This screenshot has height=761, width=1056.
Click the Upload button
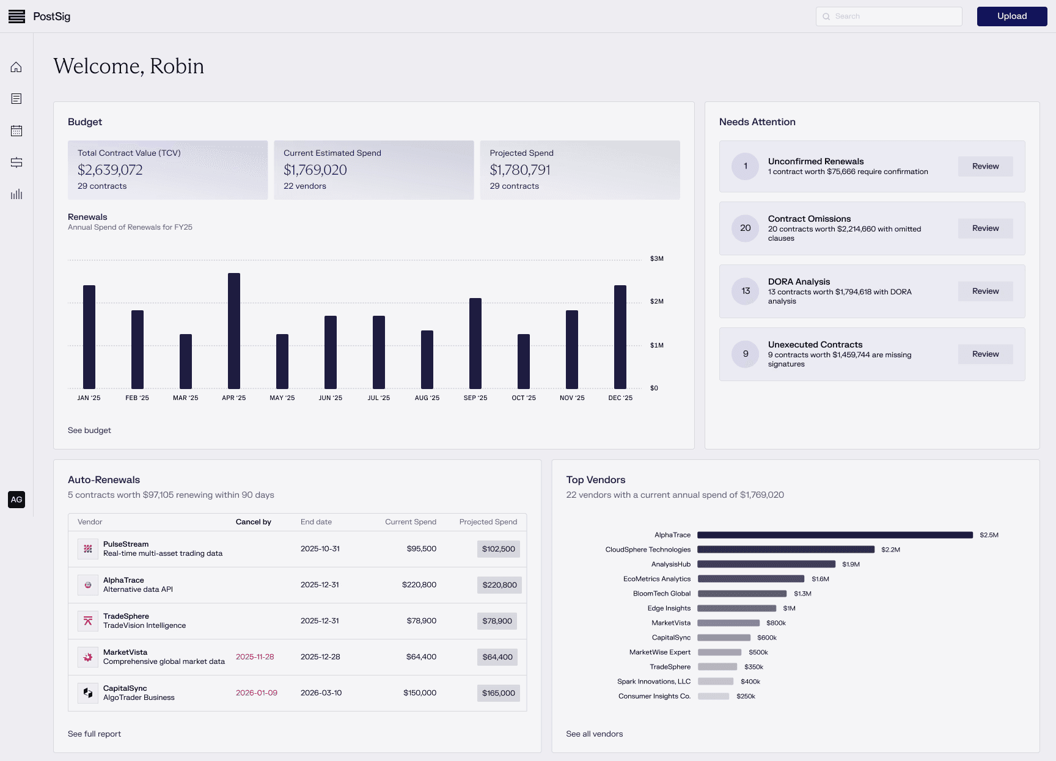(1011, 16)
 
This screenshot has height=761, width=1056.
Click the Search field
(889, 16)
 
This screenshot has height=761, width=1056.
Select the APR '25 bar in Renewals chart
(234, 330)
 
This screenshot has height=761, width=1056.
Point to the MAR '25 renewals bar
(186, 361)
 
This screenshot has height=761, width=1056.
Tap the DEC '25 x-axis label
(620, 398)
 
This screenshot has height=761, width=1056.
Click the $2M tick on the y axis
(657, 302)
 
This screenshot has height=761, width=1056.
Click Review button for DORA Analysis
(985, 291)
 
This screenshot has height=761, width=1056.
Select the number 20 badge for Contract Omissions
(746, 228)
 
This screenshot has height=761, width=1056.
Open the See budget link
(89, 431)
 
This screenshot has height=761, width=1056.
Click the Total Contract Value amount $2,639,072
(110, 170)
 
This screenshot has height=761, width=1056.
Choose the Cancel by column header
(254, 522)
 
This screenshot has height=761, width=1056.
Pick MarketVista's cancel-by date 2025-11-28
(255, 657)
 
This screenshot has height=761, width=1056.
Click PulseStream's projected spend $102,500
(498, 549)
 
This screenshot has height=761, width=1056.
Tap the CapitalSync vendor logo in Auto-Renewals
(88, 693)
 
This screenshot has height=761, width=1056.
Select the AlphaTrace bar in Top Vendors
(835, 535)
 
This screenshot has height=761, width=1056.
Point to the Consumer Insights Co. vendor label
(654, 696)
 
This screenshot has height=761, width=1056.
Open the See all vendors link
(594, 734)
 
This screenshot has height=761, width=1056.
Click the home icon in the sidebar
(16, 67)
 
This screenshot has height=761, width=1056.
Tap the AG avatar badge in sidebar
(16, 500)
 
